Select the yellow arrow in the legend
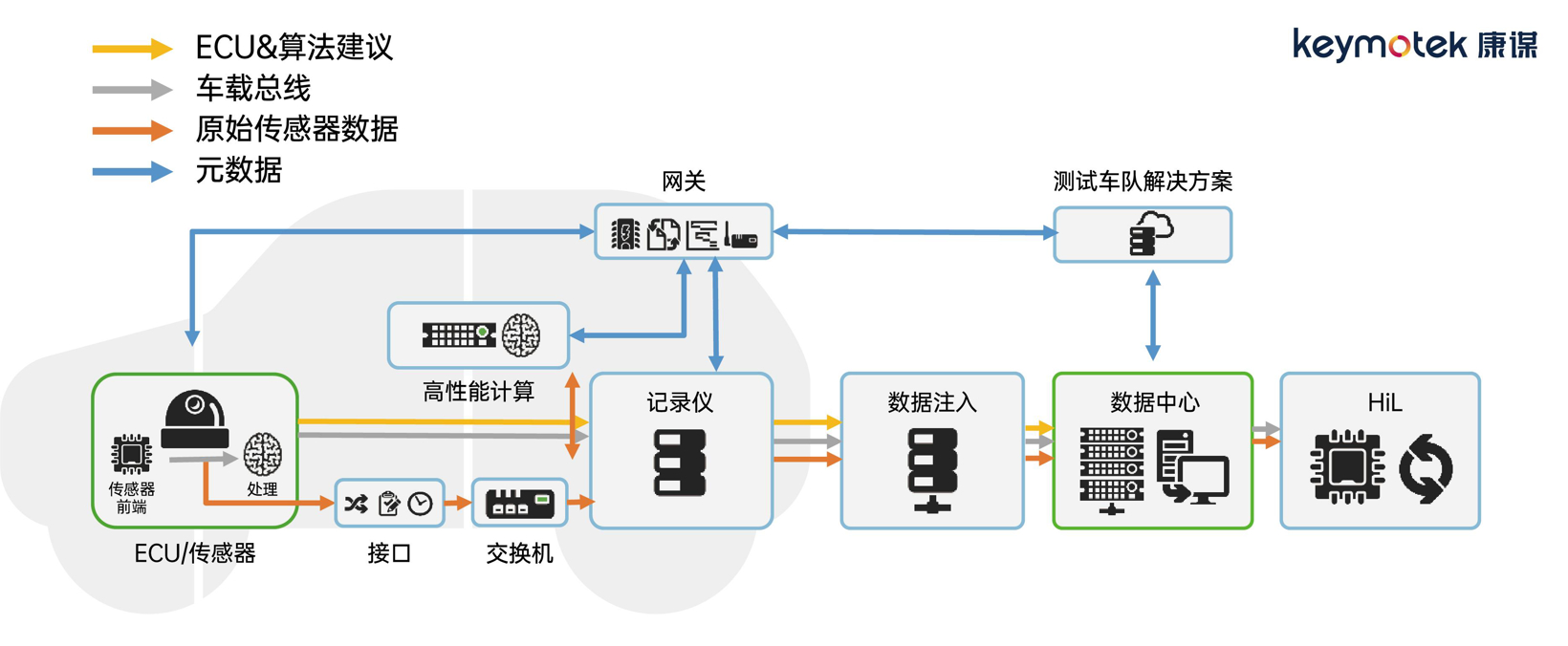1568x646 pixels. point(131,48)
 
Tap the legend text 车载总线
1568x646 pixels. point(252,89)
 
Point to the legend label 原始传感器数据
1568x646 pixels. point(296,129)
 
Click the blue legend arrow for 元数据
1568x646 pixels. point(131,172)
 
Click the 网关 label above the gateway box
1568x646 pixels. point(683,182)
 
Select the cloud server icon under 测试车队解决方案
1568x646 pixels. point(1151,234)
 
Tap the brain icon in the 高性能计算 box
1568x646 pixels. point(521,335)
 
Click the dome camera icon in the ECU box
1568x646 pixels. point(195,419)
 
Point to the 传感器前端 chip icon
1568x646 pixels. point(131,454)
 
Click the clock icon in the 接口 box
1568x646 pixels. point(421,504)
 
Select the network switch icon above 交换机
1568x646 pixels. point(519,504)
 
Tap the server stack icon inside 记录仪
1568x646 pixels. point(680,463)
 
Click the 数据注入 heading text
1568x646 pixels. point(931,402)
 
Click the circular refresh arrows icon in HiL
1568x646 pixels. point(1426,468)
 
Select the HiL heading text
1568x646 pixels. point(1383,402)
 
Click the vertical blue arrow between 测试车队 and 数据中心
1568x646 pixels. point(1153,315)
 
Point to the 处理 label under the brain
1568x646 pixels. point(262,488)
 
